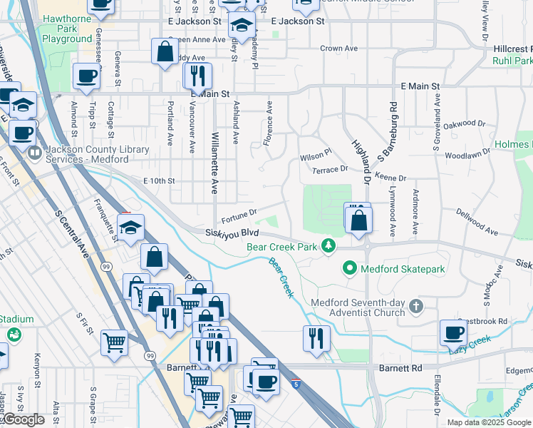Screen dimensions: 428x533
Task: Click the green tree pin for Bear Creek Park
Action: click(x=328, y=246)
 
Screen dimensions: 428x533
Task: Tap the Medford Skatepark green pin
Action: click(x=349, y=269)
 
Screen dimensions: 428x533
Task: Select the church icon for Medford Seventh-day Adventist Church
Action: click(x=416, y=307)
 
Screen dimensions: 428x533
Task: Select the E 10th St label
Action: click(x=159, y=181)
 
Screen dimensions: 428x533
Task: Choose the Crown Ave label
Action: click(x=338, y=49)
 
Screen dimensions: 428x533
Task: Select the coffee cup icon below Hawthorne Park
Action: click(x=86, y=76)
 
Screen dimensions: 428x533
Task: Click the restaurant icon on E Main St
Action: click(x=197, y=76)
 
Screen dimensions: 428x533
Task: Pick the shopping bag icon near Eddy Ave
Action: click(x=165, y=52)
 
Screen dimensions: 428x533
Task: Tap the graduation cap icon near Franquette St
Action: click(x=131, y=228)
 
